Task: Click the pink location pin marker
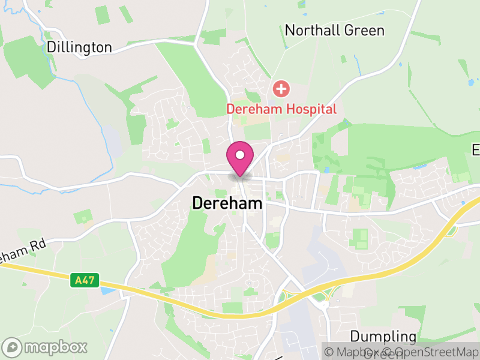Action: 240,158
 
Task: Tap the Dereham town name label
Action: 227,203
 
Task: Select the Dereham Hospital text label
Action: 281,109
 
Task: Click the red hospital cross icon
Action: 281,90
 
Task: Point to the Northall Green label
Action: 334,31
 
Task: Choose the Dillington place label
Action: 79,47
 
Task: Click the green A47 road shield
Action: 84,280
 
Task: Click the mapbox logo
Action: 45,347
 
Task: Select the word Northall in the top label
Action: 308,31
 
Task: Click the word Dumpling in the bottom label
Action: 383,335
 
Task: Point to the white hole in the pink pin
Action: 240,155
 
